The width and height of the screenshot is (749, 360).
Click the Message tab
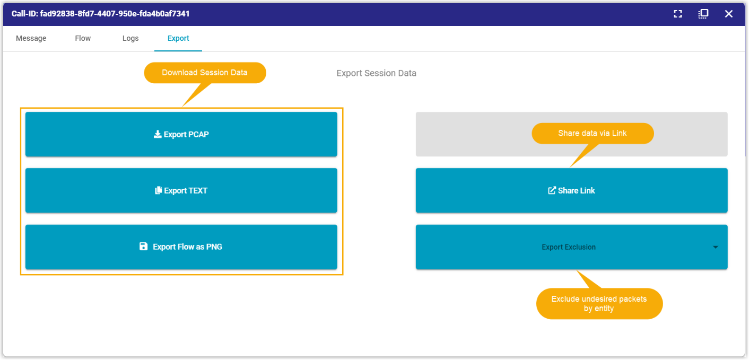[31, 39]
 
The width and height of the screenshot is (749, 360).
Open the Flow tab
[83, 39]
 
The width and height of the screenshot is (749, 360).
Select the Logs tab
[130, 39]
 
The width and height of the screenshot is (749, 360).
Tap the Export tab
[178, 39]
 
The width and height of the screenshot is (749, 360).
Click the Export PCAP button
[181, 134]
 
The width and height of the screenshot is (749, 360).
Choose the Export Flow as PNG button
[181, 247]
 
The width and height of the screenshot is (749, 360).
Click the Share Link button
[571, 190]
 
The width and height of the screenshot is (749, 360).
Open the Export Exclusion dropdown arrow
[715, 248]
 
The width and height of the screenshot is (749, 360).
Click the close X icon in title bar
[729, 14]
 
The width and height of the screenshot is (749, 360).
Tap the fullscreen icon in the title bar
[678, 14]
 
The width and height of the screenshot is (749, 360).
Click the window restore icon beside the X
[703, 14]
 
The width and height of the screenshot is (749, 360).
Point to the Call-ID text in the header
[100, 14]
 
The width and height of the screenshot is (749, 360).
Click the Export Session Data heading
[376, 73]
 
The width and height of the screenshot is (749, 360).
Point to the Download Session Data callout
[205, 73]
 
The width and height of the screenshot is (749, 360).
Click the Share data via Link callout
[593, 134]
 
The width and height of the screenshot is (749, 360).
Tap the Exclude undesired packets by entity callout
[599, 303]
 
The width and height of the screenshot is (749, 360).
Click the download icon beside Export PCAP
[158, 134]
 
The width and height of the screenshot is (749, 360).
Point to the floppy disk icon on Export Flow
[143, 247]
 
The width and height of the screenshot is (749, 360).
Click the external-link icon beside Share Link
[552, 190]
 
